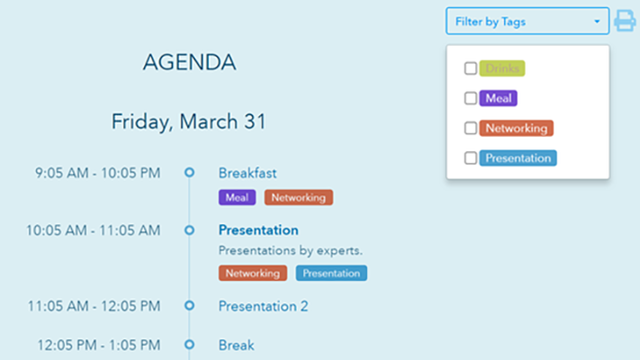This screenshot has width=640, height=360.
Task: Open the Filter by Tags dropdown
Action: [x=527, y=22]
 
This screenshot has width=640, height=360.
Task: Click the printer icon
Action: [x=625, y=22]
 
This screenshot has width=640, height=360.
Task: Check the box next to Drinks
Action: [x=471, y=68]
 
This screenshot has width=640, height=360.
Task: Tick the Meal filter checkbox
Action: [x=471, y=98]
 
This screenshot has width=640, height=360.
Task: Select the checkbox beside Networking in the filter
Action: [x=471, y=128]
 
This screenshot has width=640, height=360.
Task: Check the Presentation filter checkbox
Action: [x=471, y=157]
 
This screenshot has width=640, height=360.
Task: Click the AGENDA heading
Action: [x=189, y=62]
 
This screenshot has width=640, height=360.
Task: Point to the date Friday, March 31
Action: [x=189, y=121]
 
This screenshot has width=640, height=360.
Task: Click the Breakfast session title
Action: [x=248, y=173]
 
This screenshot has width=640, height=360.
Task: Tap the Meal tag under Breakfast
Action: [x=237, y=197]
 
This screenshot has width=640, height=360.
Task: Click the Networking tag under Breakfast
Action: [x=298, y=197]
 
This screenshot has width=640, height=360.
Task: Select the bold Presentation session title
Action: [x=258, y=229]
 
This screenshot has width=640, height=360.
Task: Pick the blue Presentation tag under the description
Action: [x=331, y=273]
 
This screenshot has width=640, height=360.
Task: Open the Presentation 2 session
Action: [x=263, y=306]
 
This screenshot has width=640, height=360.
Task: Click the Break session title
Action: [x=236, y=345]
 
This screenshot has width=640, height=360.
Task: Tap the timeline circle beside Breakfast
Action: [x=189, y=172]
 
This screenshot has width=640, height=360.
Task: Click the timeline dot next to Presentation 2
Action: [x=189, y=306]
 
